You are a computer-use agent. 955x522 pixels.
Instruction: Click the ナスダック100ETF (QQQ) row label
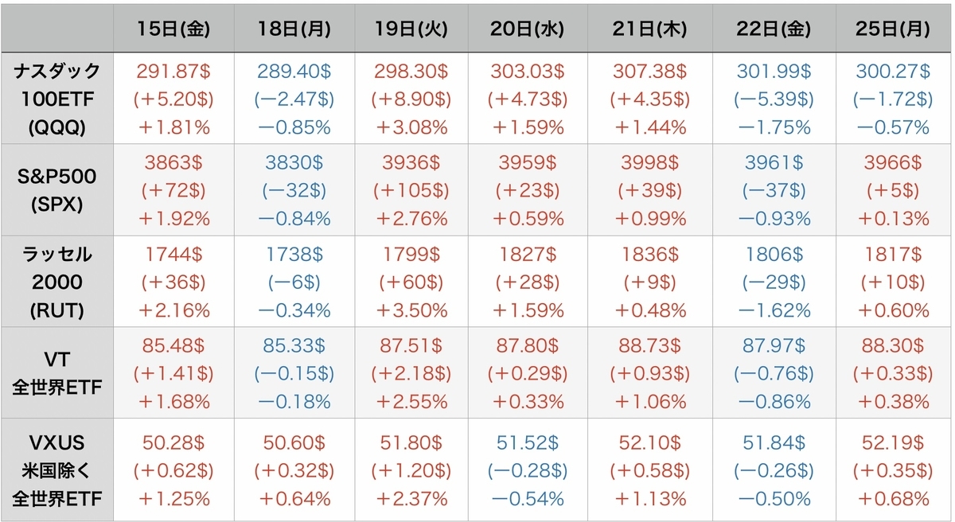tap(58, 99)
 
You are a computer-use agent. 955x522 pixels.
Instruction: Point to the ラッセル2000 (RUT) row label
tap(58, 282)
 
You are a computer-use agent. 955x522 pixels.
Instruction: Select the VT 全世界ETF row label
tap(58, 373)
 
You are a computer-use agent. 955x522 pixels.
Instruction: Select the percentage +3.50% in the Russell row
tap(411, 310)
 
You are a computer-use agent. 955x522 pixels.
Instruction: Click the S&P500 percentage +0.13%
tap(892, 218)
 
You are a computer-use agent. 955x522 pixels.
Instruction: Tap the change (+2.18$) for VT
tap(411, 373)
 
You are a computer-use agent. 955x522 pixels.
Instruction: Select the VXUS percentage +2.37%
tap(411, 499)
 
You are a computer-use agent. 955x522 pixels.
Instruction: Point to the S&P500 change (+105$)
tap(411, 190)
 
